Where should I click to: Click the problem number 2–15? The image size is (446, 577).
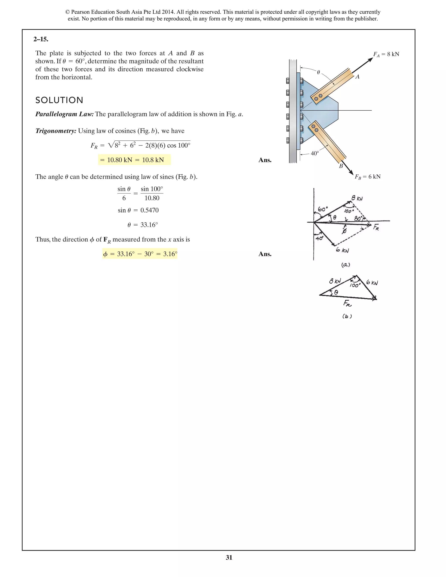(x=41, y=39)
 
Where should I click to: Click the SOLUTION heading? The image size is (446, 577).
(x=59, y=100)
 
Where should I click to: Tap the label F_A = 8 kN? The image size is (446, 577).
(x=386, y=54)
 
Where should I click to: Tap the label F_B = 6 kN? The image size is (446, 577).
(x=368, y=177)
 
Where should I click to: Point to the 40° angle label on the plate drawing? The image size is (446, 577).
(x=315, y=154)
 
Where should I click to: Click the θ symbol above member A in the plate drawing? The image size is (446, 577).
(x=318, y=72)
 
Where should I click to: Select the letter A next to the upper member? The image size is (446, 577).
(x=358, y=77)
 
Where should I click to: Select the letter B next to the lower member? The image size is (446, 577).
(x=341, y=166)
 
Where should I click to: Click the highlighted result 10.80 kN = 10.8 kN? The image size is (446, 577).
(x=134, y=160)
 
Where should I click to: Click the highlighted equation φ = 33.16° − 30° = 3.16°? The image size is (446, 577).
(x=140, y=254)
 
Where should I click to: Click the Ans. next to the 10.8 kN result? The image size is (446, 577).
(x=265, y=160)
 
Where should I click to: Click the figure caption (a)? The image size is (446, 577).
(x=346, y=265)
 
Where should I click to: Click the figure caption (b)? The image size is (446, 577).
(x=347, y=316)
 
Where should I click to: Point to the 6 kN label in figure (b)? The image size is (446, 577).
(x=372, y=282)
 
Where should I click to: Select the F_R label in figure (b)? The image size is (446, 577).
(x=347, y=304)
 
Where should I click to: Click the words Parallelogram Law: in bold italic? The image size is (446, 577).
(x=64, y=114)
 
